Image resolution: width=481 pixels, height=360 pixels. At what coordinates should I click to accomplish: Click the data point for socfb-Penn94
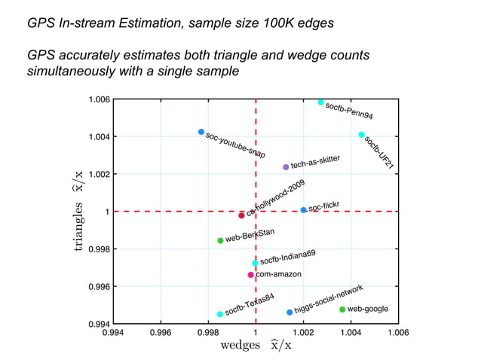coord(320,102)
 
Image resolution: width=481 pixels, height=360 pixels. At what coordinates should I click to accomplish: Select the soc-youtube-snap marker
coord(201,132)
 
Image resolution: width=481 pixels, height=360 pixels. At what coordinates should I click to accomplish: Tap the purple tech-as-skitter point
coord(286,167)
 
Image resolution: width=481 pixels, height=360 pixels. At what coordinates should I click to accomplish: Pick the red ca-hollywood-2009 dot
coord(241,215)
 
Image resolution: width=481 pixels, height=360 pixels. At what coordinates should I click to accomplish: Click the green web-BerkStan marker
coord(220,241)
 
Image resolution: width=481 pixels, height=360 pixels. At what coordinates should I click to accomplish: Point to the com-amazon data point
coord(251,275)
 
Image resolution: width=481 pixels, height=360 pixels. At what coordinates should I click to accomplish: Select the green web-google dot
coord(342,310)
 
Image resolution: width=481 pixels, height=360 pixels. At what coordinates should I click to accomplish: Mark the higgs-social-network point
coord(290,312)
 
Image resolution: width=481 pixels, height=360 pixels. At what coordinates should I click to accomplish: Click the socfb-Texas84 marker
coord(220,314)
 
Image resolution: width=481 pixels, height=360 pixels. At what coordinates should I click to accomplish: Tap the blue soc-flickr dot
coord(303,210)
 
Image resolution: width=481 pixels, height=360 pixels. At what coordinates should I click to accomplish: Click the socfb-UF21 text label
coord(379,152)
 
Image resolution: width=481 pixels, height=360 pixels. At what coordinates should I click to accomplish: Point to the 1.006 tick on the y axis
coord(100,99)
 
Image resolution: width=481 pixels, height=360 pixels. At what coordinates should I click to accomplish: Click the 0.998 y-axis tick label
coord(100,249)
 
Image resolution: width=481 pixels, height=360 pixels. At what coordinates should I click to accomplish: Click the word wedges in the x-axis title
coord(240,346)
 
